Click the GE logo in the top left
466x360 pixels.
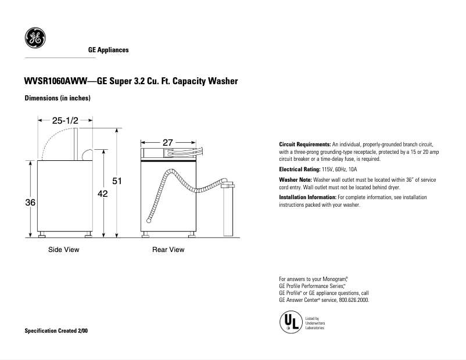point(34,38)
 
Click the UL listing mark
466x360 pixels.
point(290,323)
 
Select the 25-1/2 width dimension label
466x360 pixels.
point(65,120)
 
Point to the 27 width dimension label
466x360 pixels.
point(168,142)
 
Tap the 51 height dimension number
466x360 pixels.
point(117,182)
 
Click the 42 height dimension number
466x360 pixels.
point(103,195)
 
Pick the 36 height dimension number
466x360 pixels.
point(30,202)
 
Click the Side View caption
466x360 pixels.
point(63,250)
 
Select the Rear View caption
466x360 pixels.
point(168,250)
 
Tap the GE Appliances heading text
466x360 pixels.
point(108,51)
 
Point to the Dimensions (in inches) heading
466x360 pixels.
point(57,99)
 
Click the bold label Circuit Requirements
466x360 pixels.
point(305,144)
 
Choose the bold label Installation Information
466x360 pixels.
point(308,197)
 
